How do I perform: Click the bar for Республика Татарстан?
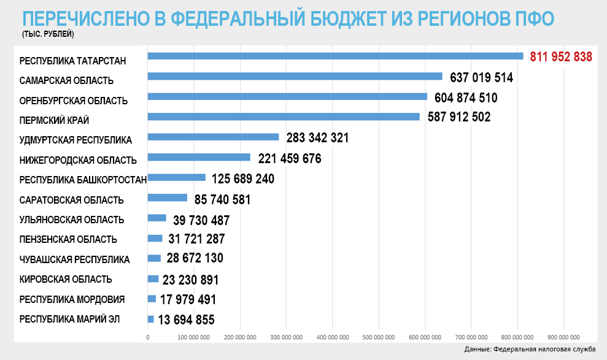pos(335,56)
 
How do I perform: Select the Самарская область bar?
pos(295,77)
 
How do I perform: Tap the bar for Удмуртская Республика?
pos(213,137)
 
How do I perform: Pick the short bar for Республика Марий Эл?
pos(150,319)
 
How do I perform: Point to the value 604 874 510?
pos(466,98)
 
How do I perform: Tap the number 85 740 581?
pos(222,199)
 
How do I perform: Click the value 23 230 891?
pos(190,280)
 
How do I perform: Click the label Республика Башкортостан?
pos(83,180)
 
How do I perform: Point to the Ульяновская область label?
pos(72,220)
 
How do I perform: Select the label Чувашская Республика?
pos(74,259)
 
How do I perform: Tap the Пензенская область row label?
pos(68,239)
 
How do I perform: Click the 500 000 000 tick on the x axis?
pos(379,337)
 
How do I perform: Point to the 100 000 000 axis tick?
pos(194,337)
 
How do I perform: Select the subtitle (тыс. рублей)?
pos(47,34)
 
